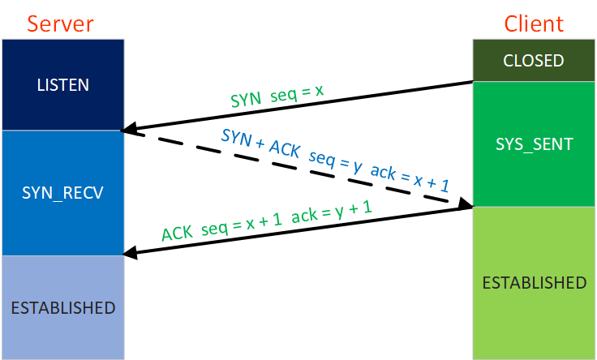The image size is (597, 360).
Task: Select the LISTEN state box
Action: click(x=62, y=84)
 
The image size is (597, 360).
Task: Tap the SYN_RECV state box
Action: click(x=62, y=193)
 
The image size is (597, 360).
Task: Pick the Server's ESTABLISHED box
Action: click(x=62, y=307)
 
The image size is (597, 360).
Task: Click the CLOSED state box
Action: click(x=534, y=61)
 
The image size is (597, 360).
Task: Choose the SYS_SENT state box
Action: click(x=534, y=144)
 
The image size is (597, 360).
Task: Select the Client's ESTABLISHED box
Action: click(x=534, y=282)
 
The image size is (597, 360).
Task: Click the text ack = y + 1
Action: click(x=332, y=212)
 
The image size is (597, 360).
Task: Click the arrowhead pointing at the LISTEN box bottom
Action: click(x=128, y=129)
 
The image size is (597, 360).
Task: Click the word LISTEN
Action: click(x=62, y=84)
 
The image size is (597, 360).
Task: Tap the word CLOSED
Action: click(x=534, y=61)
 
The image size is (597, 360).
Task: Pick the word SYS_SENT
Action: click(x=534, y=144)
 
